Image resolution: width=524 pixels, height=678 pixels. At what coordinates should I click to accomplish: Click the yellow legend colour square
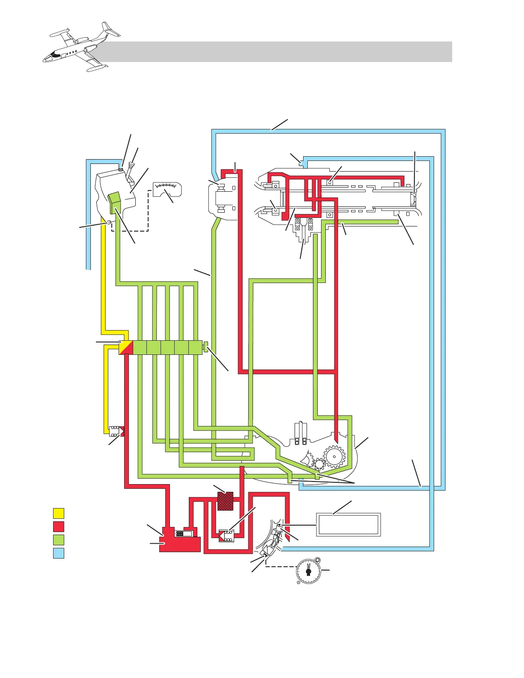click(59, 513)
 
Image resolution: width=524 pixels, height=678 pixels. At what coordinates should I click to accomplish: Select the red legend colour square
click(59, 526)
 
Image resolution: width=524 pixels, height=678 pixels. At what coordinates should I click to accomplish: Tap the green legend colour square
click(59, 539)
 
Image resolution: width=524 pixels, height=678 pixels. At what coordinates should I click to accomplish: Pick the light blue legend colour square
click(59, 553)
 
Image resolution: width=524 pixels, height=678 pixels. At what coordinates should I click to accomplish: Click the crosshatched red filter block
click(225, 501)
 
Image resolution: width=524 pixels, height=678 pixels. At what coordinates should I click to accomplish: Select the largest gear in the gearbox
click(334, 457)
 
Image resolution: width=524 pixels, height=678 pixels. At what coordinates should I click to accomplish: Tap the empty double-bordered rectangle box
click(348, 524)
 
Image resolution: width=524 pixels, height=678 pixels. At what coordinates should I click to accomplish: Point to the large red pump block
click(180, 541)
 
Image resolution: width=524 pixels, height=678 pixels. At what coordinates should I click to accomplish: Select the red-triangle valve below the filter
click(226, 536)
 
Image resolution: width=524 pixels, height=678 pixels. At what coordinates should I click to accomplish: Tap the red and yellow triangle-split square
click(126, 347)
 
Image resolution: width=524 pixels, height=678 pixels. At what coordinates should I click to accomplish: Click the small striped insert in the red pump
click(183, 534)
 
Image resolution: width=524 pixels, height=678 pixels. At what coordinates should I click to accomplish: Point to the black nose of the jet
click(54, 55)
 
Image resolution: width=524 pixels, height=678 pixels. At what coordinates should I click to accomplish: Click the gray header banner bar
click(278, 52)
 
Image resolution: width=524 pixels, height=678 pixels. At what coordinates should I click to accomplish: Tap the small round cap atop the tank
click(121, 169)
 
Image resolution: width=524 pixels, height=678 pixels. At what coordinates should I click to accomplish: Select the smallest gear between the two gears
click(319, 464)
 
